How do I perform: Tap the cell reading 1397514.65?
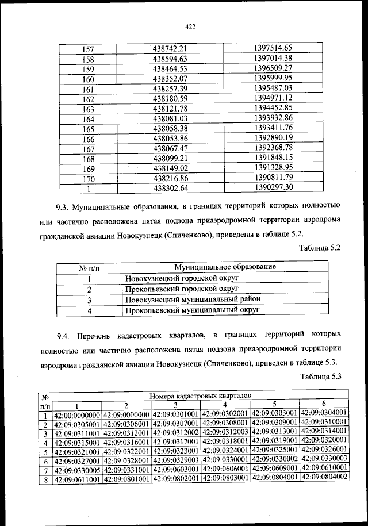click(x=273, y=48)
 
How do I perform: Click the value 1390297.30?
click(x=273, y=187)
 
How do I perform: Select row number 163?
click(x=89, y=109)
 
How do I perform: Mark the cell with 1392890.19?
click(x=273, y=139)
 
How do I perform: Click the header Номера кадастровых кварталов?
click(x=200, y=396)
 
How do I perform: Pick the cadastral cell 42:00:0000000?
click(x=77, y=414)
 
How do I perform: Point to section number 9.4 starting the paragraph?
click(x=63, y=335)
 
